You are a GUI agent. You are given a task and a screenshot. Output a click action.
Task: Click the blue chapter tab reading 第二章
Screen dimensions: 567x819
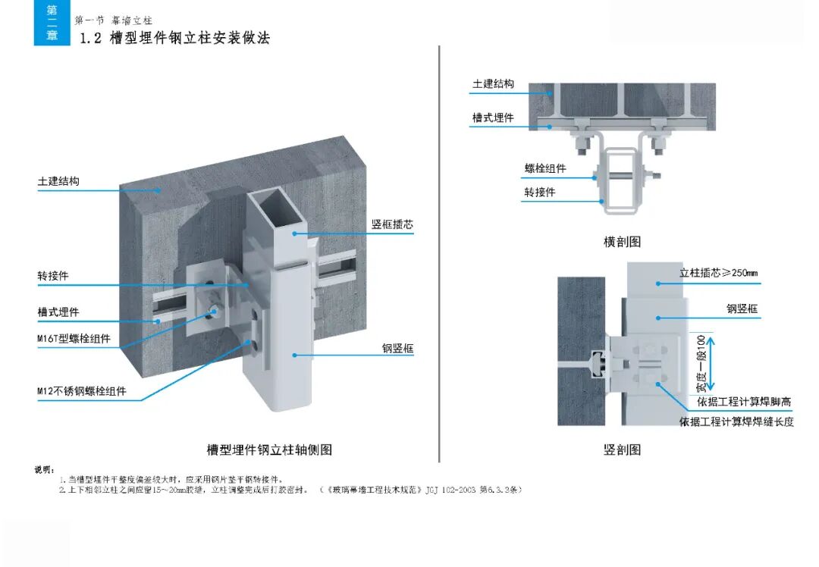point(52,23)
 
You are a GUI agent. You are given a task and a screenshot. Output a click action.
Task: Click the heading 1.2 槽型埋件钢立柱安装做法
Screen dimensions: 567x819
point(174,38)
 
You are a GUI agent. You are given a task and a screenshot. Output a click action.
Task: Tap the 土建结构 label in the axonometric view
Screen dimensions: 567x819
point(58,182)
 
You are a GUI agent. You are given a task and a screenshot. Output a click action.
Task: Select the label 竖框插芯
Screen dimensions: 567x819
point(392,225)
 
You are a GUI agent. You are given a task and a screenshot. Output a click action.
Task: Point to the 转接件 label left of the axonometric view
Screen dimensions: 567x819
point(53,276)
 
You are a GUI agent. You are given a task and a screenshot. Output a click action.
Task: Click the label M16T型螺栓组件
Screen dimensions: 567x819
point(74,339)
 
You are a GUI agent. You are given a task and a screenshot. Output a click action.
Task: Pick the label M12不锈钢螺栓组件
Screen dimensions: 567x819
point(82,392)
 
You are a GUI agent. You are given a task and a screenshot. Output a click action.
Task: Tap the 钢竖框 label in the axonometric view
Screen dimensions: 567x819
point(397,349)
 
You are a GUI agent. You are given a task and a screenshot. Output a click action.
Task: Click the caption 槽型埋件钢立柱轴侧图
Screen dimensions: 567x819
point(269,450)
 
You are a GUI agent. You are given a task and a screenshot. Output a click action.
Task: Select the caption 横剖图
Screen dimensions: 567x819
point(622,242)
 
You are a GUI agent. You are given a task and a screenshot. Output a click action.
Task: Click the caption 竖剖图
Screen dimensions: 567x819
point(622,450)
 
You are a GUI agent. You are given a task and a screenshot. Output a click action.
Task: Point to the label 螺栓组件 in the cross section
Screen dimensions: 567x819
point(545,168)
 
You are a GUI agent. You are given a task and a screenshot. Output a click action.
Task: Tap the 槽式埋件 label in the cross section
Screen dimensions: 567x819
point(493,117)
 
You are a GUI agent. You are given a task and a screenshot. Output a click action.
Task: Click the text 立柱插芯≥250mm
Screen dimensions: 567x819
point(718,273)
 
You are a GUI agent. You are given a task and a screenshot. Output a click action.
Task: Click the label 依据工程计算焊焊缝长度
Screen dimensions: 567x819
point(736,421)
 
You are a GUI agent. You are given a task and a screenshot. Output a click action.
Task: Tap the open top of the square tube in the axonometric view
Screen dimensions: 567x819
point(278,210)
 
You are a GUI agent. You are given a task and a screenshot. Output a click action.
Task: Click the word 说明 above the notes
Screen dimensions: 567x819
point(44,470)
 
